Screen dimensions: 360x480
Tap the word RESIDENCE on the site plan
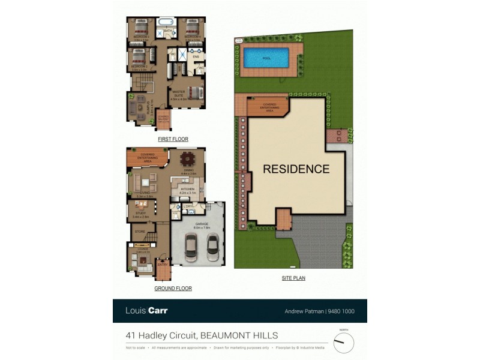pyautogui.click(x=296, y=169)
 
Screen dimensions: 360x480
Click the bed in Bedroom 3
pyautogui.click(x=140, y=28)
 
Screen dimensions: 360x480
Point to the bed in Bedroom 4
pyautogui.click(x=192, y=28)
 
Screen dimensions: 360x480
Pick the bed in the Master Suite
pyautogui.click(x=194, y=93)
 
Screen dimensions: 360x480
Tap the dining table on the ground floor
pyautogui.click(x=187, y=160)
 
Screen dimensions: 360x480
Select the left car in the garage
pyautogui.click(x=191, y=246)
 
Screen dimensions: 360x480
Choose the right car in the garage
pyautogui.click(x=212, y=246)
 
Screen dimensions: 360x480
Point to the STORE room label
pyautogui.click(x=140, y=231)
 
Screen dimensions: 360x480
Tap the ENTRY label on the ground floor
pyautogui.click(x=162, y=265)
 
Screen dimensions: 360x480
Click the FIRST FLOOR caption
pyautogui.click(x=173, y=139)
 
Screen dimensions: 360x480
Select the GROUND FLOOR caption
pyautogui.click(x=173, y=289)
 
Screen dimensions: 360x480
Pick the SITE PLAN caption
pyautogui.click(x=293, y=278)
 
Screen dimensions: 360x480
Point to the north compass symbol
pyautogui.click(x=344, y=342)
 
